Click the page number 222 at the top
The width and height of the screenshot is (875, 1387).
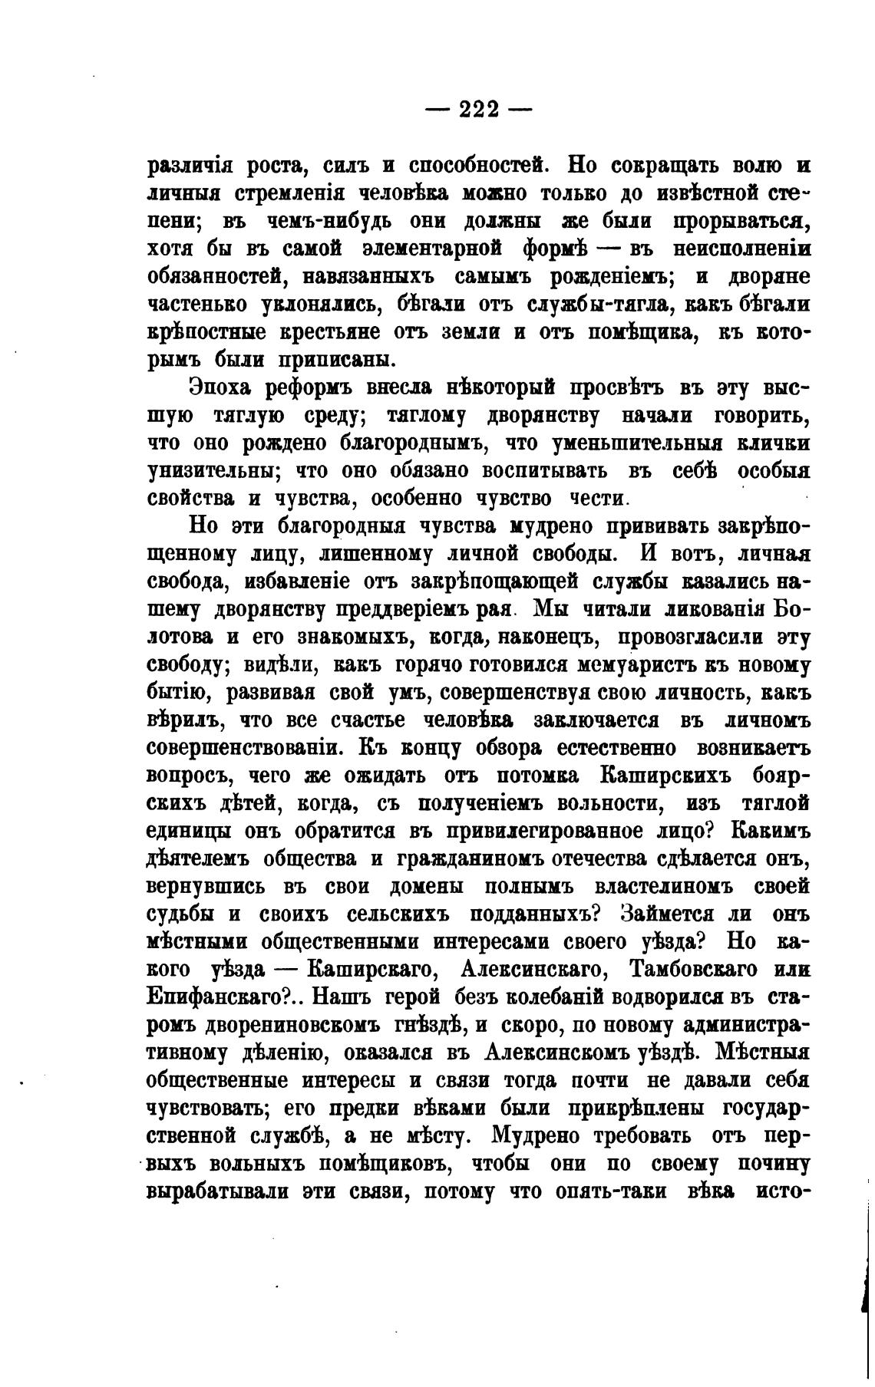[479, 110]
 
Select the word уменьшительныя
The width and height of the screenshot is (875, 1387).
[609, 443]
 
